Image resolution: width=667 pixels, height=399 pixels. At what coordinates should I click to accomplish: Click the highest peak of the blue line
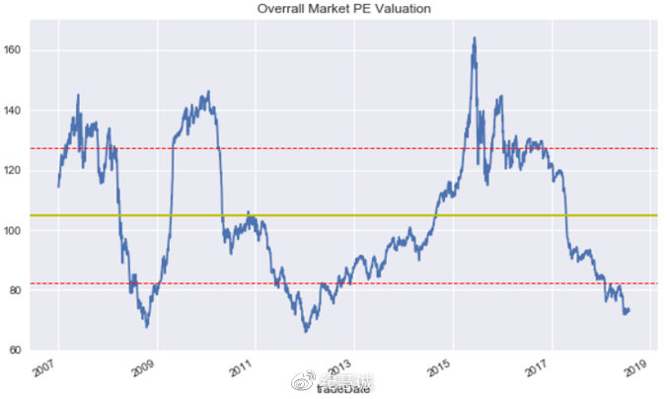click(475, 39)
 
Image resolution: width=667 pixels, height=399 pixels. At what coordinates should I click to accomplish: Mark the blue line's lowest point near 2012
click(306, 331)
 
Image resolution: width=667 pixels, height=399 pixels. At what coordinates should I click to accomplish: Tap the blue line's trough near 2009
click(147, 326)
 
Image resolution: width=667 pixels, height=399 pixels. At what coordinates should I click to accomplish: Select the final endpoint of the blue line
click(630, 310)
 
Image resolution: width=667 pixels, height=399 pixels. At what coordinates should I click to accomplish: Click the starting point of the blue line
click(58, 187)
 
